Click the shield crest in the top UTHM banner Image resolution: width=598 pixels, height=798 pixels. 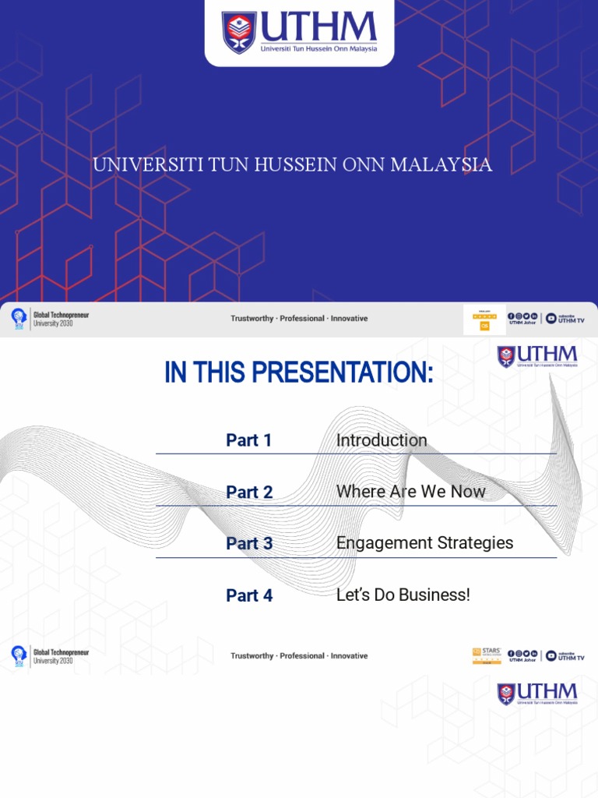coord(239,32)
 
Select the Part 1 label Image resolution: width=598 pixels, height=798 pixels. coord(249,440)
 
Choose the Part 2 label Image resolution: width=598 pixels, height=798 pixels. coord(249,493)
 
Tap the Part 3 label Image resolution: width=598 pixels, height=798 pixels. coord(249,544)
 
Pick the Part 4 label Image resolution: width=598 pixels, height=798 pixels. coord(249,596)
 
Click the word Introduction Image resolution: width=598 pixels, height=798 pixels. coord(382,440)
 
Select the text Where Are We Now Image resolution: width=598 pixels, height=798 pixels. coord(410,492)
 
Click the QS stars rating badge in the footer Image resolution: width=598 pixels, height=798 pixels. coord(484,320)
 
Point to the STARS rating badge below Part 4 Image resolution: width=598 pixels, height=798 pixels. coord(487,656)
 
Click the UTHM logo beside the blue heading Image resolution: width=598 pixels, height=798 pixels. coord(537,357)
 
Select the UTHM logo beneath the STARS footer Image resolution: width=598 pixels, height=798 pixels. coord(537,694)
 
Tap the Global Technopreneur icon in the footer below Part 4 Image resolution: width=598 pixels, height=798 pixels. coord(19,656)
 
